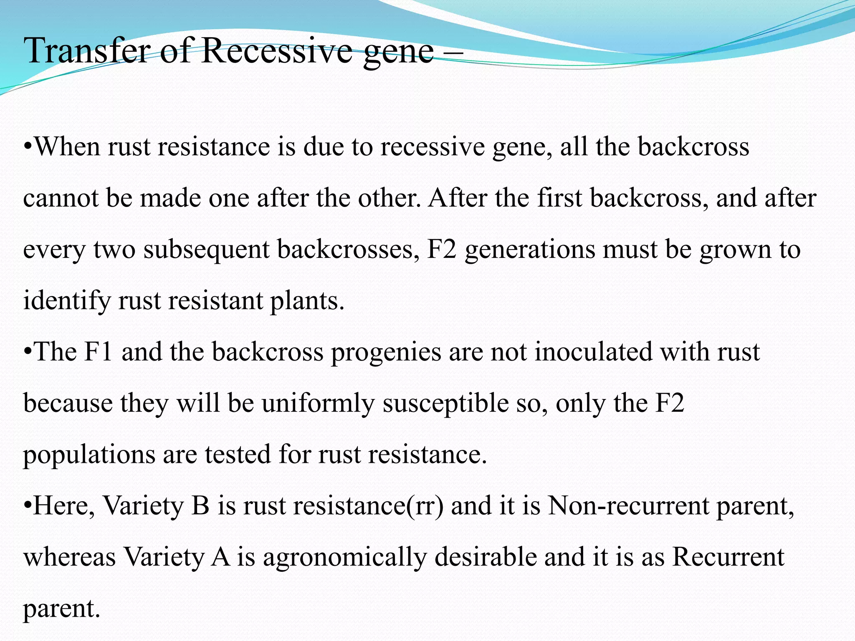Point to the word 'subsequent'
click(x=206, y=250)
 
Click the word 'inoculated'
click(x=593, y=351)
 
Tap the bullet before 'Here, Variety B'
click(x=27, y=506)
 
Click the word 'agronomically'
click(x=345, y=558)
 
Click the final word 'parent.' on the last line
click(x=62, y=609)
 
